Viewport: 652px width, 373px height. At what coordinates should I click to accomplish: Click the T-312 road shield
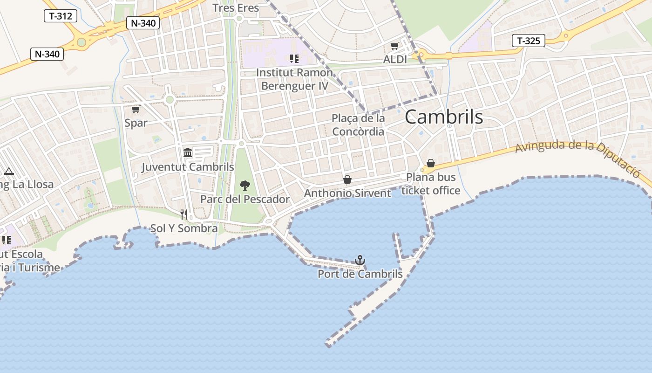61,16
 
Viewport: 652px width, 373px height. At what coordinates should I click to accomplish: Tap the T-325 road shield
529,41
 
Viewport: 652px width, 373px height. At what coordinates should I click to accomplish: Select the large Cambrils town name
443,117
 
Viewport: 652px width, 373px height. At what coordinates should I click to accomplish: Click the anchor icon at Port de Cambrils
360,260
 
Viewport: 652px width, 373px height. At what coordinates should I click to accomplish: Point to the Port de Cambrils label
360,274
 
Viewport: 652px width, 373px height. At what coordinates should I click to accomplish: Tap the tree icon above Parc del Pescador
244,186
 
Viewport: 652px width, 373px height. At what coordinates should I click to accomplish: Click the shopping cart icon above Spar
136,109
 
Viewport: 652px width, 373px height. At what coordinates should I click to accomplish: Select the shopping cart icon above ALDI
395,46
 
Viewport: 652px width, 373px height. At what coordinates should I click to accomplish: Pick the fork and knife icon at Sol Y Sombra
184,214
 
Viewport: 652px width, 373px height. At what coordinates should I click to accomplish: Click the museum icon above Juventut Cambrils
188,152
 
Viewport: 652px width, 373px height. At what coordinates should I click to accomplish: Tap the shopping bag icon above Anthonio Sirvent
347,180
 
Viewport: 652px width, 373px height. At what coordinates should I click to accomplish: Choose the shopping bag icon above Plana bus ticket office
431,163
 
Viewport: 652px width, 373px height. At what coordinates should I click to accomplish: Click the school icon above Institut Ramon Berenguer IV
294,58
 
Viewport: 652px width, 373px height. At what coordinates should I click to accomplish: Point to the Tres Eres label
236,7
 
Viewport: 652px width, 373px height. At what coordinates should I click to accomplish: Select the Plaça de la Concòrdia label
358,125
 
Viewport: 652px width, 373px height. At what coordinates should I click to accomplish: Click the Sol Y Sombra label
184,228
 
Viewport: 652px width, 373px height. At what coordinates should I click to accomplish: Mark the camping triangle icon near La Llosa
8,171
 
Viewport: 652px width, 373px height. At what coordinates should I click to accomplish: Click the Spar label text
136,123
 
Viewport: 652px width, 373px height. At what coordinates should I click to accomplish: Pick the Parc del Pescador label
245,199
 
